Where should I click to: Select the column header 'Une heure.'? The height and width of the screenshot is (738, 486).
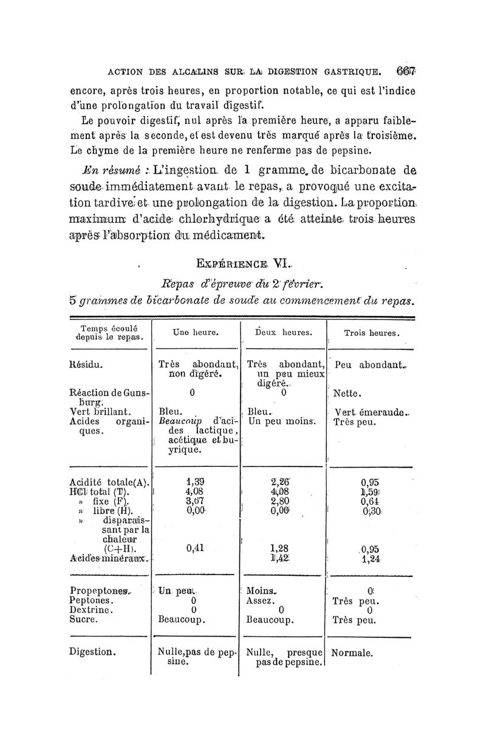[x=191, y=333]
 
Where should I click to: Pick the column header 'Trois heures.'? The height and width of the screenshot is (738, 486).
[x=371, y=333]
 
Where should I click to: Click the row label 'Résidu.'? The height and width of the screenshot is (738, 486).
[x=87, y=366]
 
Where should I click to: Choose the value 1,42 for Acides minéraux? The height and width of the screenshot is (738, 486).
[x=281, y=557]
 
